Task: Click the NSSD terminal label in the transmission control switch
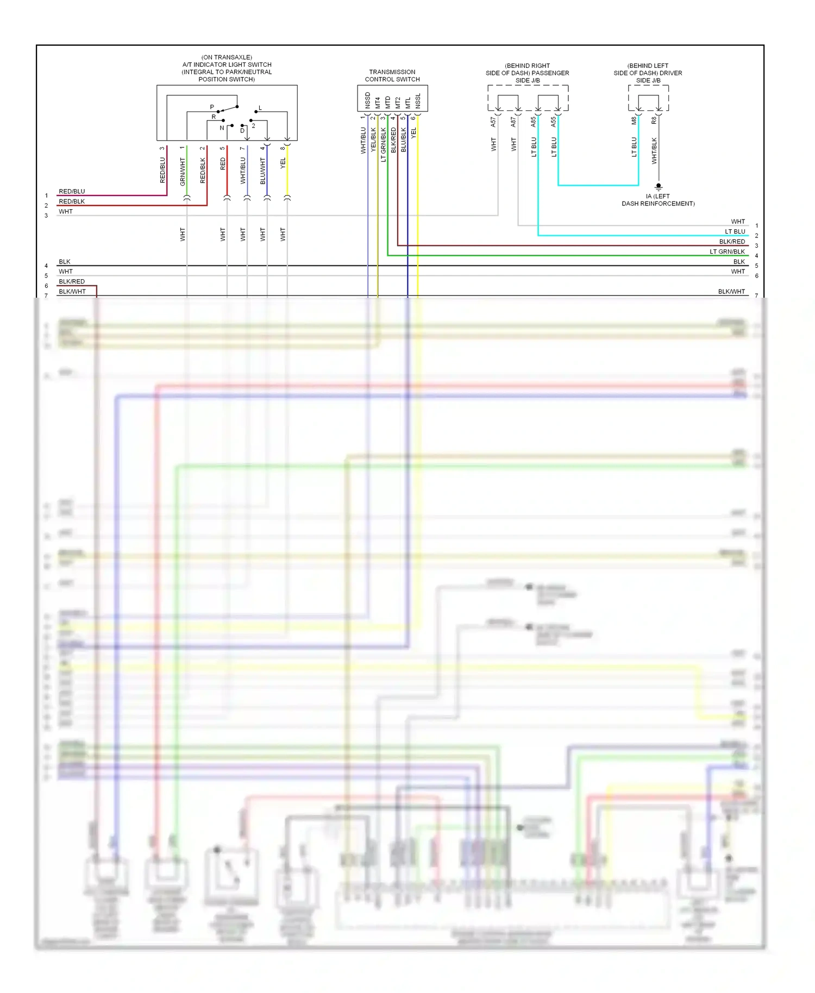tap(368, 100)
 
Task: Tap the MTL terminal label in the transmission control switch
tap(408, 102)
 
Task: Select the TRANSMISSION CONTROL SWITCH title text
tap(392, 76)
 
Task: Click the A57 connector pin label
tap(493, 122)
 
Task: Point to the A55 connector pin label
tap(554, 122)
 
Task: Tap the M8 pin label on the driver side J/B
tap(634, 121)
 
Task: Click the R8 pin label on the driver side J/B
tap(654, 121)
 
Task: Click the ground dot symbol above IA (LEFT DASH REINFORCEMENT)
tap(659, 186)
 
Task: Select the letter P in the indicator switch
tap(212, 107)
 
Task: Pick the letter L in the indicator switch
tap(260, 108)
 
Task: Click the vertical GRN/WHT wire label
tap(183, 172)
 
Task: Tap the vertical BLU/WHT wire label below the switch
tap(263, 171)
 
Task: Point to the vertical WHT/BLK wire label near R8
tap(654, 150)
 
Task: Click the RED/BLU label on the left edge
tap(72, 191)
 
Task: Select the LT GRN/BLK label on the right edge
tap(727, 252)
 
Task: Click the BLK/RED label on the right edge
tap(732, 242)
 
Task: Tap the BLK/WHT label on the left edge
tap(72, 292)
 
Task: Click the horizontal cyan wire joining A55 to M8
tap(598, 185)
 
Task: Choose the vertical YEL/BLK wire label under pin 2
tap(373, 140)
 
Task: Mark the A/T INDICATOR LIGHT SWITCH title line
tap(227, 65)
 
